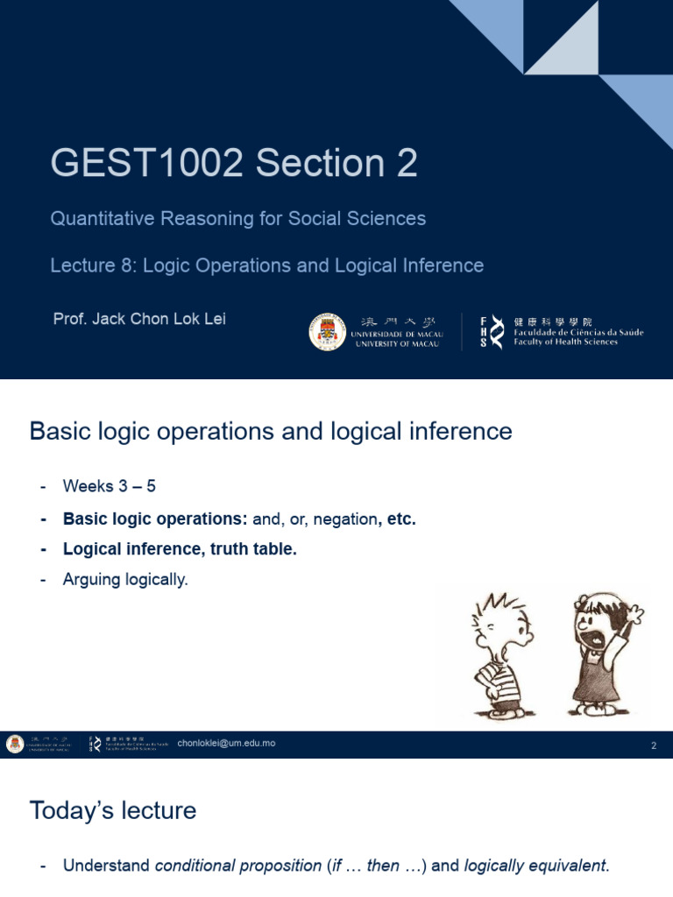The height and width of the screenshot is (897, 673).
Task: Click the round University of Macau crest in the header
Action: [326, 332]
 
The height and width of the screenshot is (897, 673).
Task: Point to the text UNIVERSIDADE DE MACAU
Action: [397, 335]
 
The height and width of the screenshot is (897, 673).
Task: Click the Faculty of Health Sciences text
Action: [565, 343]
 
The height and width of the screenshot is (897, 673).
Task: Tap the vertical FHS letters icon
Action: [484, 332]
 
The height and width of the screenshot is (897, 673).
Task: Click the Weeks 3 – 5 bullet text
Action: [109, 486]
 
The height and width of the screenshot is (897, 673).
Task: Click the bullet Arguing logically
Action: [125, 579]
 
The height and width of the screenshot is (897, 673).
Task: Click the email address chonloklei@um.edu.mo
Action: [226, 744]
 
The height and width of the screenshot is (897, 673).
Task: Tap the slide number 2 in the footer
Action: [653, 746]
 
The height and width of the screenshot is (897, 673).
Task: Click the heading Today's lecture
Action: [112, 810]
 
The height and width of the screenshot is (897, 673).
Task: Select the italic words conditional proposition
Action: [237, 866]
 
